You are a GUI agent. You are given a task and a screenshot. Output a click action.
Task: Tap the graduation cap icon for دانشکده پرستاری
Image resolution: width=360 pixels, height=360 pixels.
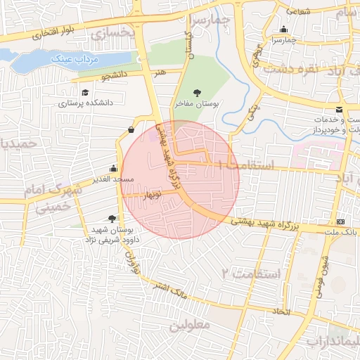tap(85, 92)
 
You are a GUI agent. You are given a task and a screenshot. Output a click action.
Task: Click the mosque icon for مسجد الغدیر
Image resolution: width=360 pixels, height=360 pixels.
tap(113, 169)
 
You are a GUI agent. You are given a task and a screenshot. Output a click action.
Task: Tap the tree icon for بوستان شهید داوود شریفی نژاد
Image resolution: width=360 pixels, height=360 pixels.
tap(112, 219)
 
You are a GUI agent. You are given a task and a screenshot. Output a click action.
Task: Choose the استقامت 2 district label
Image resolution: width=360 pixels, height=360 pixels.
tap(251, 272)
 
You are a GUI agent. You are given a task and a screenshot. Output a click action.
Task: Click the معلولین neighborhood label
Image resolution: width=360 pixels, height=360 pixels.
tap(189, 326)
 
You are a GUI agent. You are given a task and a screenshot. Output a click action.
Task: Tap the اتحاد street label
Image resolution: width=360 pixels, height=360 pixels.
tap(281, 310)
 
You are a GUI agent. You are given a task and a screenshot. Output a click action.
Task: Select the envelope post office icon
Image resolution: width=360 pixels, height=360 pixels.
tap(339, 110)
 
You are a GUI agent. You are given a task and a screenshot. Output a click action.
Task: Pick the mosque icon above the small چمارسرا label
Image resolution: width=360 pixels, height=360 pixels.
tap(283, 30)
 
